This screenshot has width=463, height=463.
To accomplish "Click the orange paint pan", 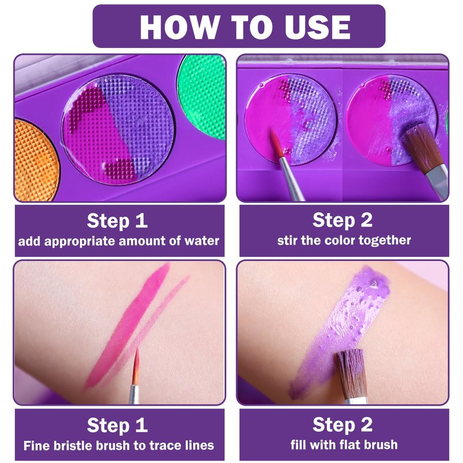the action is click(35, 159).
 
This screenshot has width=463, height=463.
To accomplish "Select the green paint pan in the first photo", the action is click(202, 97).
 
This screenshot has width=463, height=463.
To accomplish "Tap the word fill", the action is click(297, 444).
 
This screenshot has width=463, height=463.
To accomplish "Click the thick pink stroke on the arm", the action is click(127, 325).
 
